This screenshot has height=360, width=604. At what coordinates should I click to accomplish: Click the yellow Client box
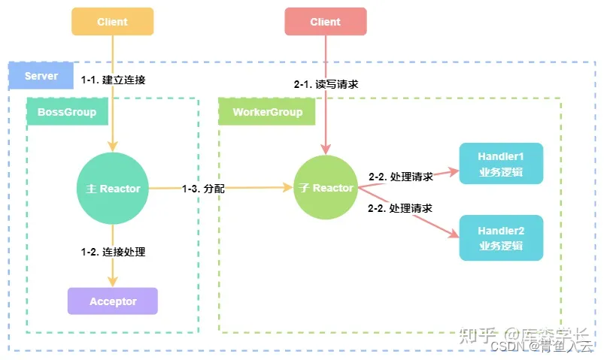pyautogui.click(x=113, y=22)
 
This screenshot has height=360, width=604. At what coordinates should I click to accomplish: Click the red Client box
pyautogui.click(x=325, y=22)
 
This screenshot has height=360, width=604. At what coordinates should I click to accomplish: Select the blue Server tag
pyautogui.click(x=41, y=77)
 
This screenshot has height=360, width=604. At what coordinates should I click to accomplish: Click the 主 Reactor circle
pyautogui.click(x=113, y=189)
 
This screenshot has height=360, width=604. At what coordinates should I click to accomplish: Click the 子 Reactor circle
pyautogui.click(x=325, y=189)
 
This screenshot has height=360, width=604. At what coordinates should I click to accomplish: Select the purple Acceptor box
pyautogui.click(x=113, y=301)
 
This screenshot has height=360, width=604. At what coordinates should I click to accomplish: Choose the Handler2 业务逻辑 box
pyautogui.click(x=500, y=238)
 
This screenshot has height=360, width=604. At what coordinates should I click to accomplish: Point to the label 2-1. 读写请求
pyautogui.click(x=326, y=84)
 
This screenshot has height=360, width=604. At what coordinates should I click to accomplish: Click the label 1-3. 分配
pyautogui.click(x=203, y=189)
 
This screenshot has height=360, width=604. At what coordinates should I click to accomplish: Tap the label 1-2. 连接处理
pyautogui.click(x=113, y=252)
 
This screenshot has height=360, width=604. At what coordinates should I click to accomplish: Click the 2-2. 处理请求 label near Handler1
pyautogui.click(x=400, y=177)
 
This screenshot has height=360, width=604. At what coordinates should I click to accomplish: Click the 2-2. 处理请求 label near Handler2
pyautogui.click(x=400, y=207)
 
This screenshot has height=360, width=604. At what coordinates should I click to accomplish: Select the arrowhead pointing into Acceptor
pyautogui.click(x=113, y=283)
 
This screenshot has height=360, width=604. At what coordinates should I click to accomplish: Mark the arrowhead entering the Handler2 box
pyautogui.click(x=454, y=235)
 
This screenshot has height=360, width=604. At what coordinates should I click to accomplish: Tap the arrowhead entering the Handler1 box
pyautogui.click(x=454, y=171)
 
